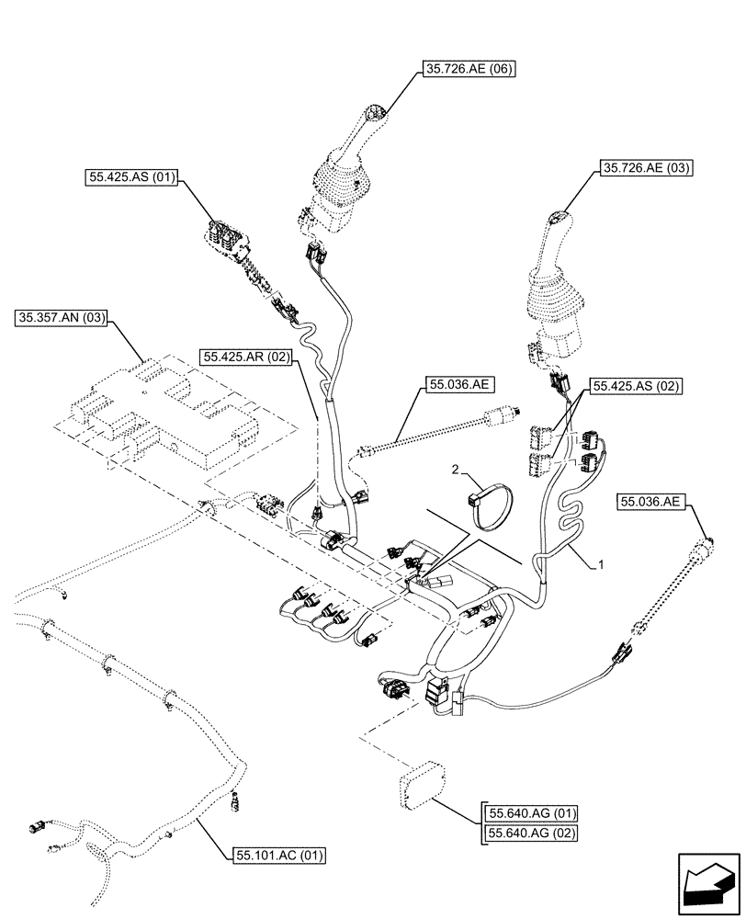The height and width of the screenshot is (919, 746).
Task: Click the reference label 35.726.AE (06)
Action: [x=468, y=69]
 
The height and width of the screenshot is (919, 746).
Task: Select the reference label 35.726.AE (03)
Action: [x=646, y=168]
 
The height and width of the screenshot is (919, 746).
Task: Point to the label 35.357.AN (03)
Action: [x=62, y=319]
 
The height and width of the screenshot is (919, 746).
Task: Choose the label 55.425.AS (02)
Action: [x=636, y=387]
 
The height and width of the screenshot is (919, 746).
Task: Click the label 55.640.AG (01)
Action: [x=532, y=813]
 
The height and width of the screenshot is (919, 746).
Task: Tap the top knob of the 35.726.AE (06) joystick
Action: [x=374, y=116]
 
